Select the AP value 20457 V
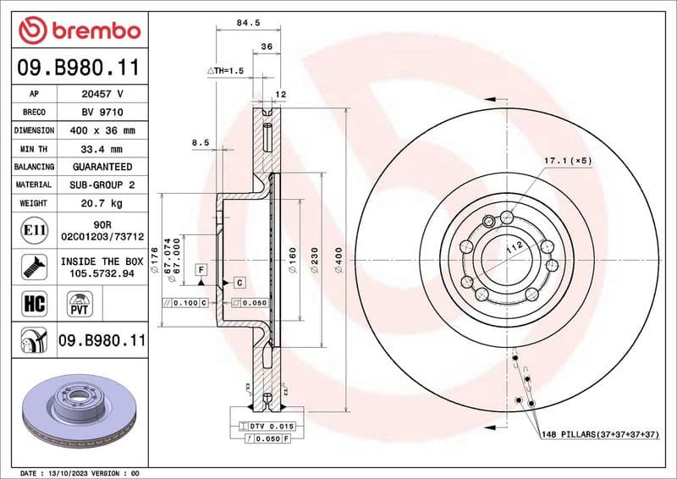[x=102, y=94]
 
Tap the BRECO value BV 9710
[x=102, y=113]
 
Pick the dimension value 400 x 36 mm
[x=102, y=130]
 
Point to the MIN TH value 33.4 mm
[x=102, y=149]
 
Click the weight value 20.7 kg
[x=102, y=203]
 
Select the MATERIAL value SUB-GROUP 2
[x=102, y=184]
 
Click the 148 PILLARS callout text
[x=601, y=434]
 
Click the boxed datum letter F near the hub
[x=201, y=269]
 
